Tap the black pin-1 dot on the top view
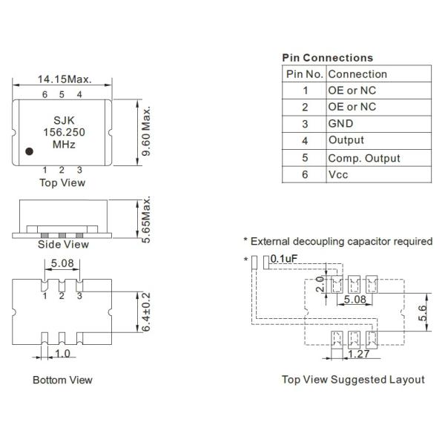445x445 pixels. [x=30, y=151]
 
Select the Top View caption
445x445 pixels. [x=62, y=181]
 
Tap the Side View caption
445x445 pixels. [x=62, y=244]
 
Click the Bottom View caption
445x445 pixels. [x=62, y=380]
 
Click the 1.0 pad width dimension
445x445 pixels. [x=62, y=354]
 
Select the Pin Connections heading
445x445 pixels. [x=327, y=57]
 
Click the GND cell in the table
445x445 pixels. [x=340, y=124]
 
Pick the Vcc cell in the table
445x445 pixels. [x=338, y=175]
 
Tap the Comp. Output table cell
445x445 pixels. [x=363, y=158]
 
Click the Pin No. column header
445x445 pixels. [x=304, y=74]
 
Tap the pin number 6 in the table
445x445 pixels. [x=304, y=175]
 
